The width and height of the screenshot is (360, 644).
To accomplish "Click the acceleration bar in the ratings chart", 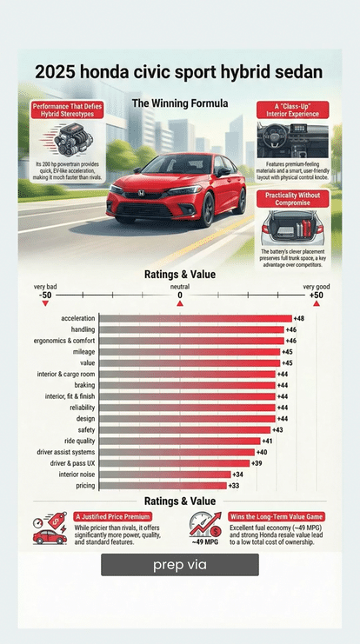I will (195, 318).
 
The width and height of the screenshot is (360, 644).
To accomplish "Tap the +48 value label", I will (299, 318).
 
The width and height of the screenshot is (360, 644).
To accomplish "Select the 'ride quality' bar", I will (179, 441).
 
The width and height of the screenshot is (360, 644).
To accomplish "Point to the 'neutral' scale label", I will (180, 286).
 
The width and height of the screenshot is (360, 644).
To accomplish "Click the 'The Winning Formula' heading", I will (180, 103).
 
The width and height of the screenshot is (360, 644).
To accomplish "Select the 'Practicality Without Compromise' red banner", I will (292, 199).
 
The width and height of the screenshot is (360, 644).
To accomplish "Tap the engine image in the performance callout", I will (67, 139).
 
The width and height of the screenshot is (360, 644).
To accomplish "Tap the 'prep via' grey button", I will (179, 565).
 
